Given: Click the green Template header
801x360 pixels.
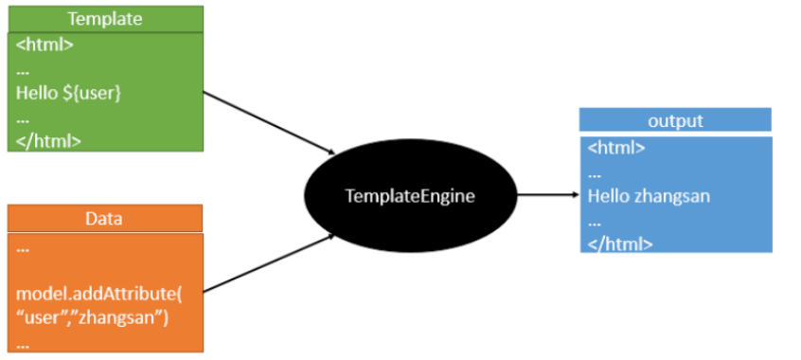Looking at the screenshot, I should click(106, 18).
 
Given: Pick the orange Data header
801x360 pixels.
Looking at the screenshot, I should click(104, 219).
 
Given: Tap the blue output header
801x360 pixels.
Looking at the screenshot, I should click(675, 120).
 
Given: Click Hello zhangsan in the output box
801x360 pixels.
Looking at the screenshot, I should click(649, 196).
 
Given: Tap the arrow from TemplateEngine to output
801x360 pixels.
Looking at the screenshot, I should click(548, 196).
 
